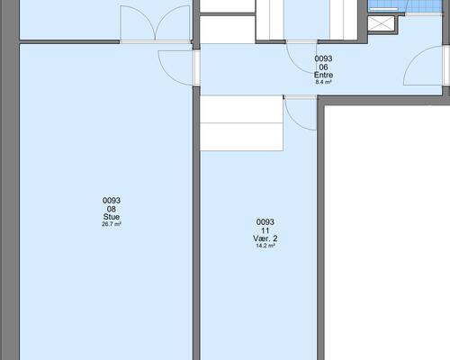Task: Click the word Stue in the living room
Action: (112, 217)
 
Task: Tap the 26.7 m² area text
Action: (112, 224)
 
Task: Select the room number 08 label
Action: (112, 209)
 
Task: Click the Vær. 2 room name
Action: (265, 238)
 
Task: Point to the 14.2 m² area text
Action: (265, 246)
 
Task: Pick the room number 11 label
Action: (265, 230)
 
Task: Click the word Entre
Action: (323, 75)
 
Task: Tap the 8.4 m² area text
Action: (323, 82)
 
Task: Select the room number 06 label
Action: (323, 67)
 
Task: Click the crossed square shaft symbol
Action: (381, 23)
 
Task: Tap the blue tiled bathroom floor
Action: (406, 6)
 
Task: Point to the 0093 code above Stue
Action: (112, 200)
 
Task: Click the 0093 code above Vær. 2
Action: (265, 222)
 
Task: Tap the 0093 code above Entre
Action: (323, 58)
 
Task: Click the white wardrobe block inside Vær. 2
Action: (241, 123)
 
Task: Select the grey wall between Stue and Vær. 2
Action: (196, 223)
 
